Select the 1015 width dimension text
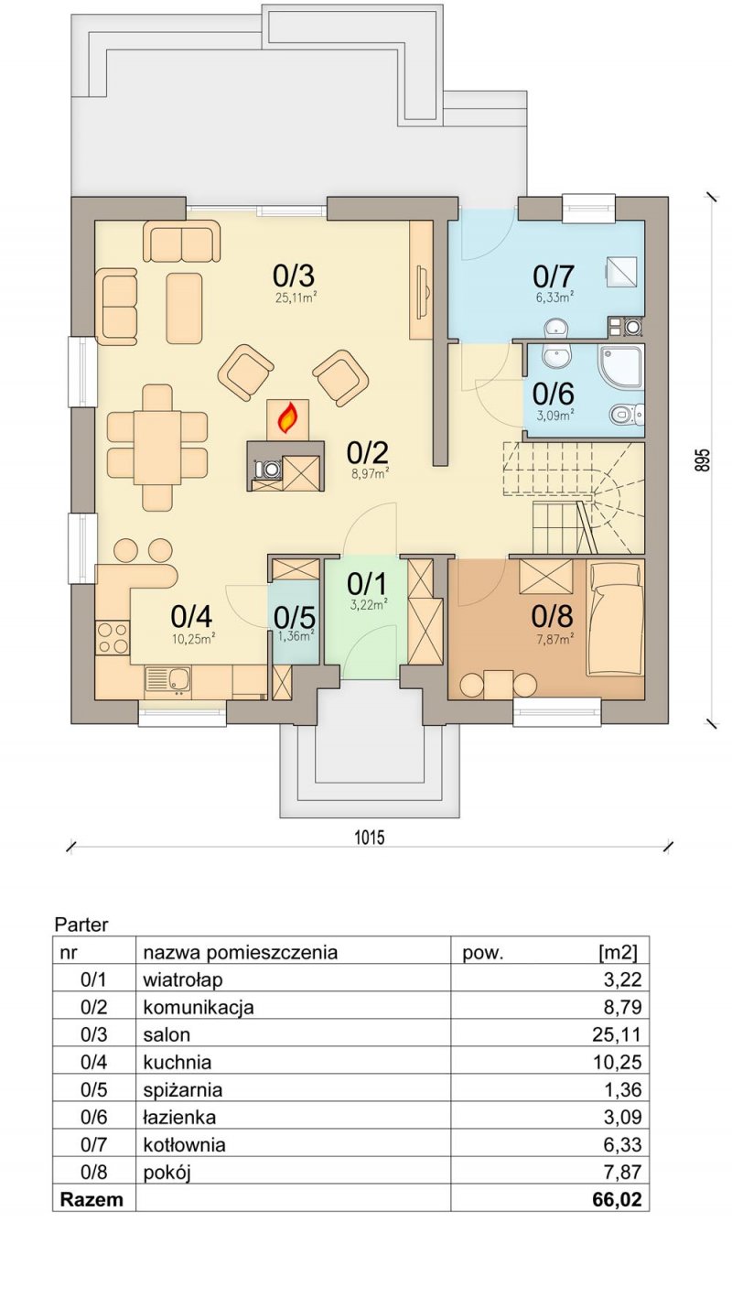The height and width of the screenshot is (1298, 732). tap(370, 837)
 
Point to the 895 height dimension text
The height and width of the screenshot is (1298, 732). tap(702, 460)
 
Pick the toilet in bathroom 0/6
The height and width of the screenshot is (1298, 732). tap(627, 413)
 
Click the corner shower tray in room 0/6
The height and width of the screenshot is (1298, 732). tap(621, 366)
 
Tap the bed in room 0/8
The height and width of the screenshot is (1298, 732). tap(616, 618)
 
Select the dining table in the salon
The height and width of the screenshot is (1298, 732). tap(157, 448)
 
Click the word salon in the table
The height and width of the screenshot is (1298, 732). tap(167, 1034)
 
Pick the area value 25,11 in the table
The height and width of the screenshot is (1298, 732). tap(617, 1034)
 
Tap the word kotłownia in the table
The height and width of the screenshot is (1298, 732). tap(185, 1144)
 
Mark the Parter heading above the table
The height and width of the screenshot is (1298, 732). tap(81, 925)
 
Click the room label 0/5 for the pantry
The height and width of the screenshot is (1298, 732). tap(295, 618)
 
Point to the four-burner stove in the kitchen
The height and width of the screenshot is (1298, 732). tap(113, 637)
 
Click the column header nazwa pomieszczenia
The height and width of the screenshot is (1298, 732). tap(241, 953)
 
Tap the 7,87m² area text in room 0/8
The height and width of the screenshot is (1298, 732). tap(554, 639)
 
